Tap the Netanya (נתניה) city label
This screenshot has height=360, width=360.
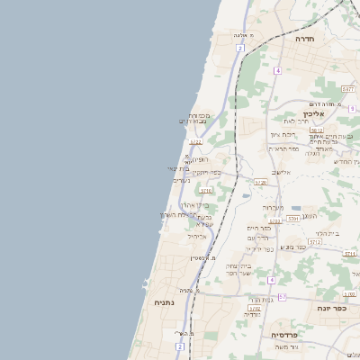(x=164, y=302)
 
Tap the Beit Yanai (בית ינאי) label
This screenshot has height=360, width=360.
(x=179, y=168)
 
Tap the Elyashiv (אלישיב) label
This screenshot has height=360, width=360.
(x=280, y=171)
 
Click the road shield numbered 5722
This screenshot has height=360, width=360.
(x=195, y=141)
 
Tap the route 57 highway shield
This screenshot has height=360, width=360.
(x=282, y=297)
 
